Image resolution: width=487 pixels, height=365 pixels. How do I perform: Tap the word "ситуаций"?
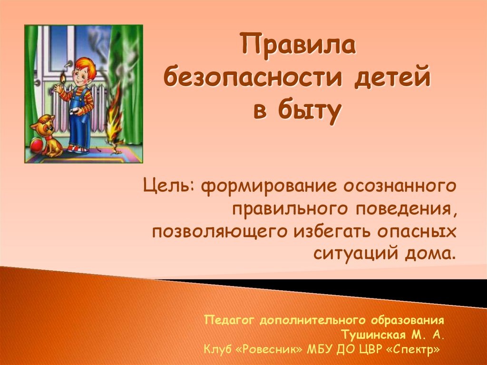coord(356,253)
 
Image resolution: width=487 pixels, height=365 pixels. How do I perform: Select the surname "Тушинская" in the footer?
coord(373,335)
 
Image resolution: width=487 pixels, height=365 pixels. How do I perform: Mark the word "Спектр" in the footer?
coord(413,349)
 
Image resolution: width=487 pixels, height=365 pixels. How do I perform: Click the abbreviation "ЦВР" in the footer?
coord(371,349)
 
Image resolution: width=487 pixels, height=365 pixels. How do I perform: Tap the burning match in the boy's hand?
coord(63,78)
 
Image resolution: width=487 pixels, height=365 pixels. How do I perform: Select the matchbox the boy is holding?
coord(74,112)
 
